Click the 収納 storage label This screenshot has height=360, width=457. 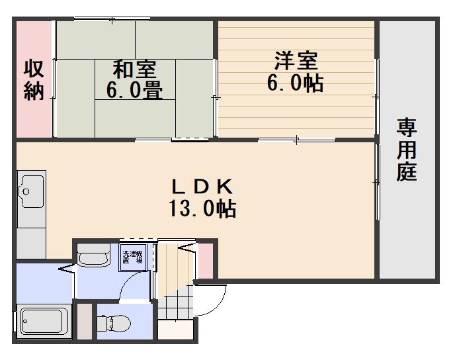coord(34,79)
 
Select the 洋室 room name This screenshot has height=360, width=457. coord(296,61)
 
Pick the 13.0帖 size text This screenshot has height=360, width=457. coord(202,208)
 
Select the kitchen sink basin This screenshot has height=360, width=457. coord(31,191)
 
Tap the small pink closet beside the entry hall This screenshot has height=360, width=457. coord(206,261)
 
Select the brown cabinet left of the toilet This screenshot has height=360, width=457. coord(85,321)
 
